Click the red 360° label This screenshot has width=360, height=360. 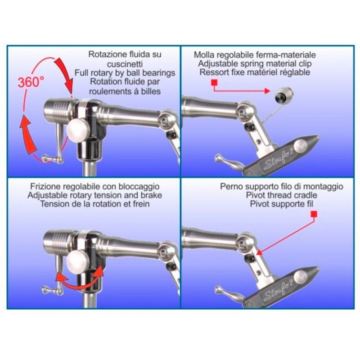pyautogui.click(x=31, y=82)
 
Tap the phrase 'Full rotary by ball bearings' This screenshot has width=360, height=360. pyautogui.click(x=125, y=73)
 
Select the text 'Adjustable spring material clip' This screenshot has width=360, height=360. pyautogui.click(x=255, y=63)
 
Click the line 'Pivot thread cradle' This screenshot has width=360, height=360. pyautogui.click(x=282, y=195)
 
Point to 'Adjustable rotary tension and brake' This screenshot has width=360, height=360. pyautogui.click(x=94, y=195)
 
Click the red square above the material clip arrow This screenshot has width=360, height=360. pyautogui.click(x=214, y=82)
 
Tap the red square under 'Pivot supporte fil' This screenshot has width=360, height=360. pyautogui.click(x=314, y=214)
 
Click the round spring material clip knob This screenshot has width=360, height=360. pyautogui.click(x=284, y=94)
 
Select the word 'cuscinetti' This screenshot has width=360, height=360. pyautogui.click(x=125, y=64)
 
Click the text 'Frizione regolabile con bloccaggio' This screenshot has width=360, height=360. pyautogui.click(x=95, y=186)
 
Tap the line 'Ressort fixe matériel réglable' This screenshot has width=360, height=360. pyautogui.click(x=255, y=72)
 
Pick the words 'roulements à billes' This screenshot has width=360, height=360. pyautogui.click(x=125, y=91)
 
